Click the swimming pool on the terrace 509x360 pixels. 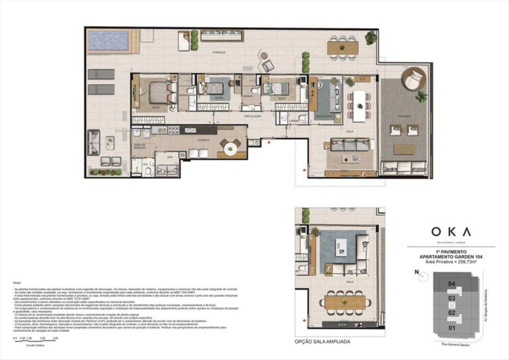(x=108, y=41)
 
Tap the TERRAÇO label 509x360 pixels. (x=219, y=52)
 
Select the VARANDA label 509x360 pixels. (x=404, y=116)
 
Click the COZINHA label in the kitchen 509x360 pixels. (x=203, y=140)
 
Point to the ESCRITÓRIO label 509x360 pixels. (x=323, y=116)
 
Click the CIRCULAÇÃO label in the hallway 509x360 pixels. (x=252, y=116)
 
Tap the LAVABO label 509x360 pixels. (x=294, y=121)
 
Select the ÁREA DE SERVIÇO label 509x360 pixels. (x=140, y=146)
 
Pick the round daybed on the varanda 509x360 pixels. (x=415, y=79)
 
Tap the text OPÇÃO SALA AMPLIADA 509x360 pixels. (x=322, y=342)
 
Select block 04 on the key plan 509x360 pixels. (x=452, y=284)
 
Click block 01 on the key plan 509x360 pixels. (x=452, y=328)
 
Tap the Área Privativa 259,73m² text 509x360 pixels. (x=451, y=262)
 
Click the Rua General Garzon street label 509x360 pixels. (x=456, y=344)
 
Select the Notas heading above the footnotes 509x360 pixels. (x=17, y=283)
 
